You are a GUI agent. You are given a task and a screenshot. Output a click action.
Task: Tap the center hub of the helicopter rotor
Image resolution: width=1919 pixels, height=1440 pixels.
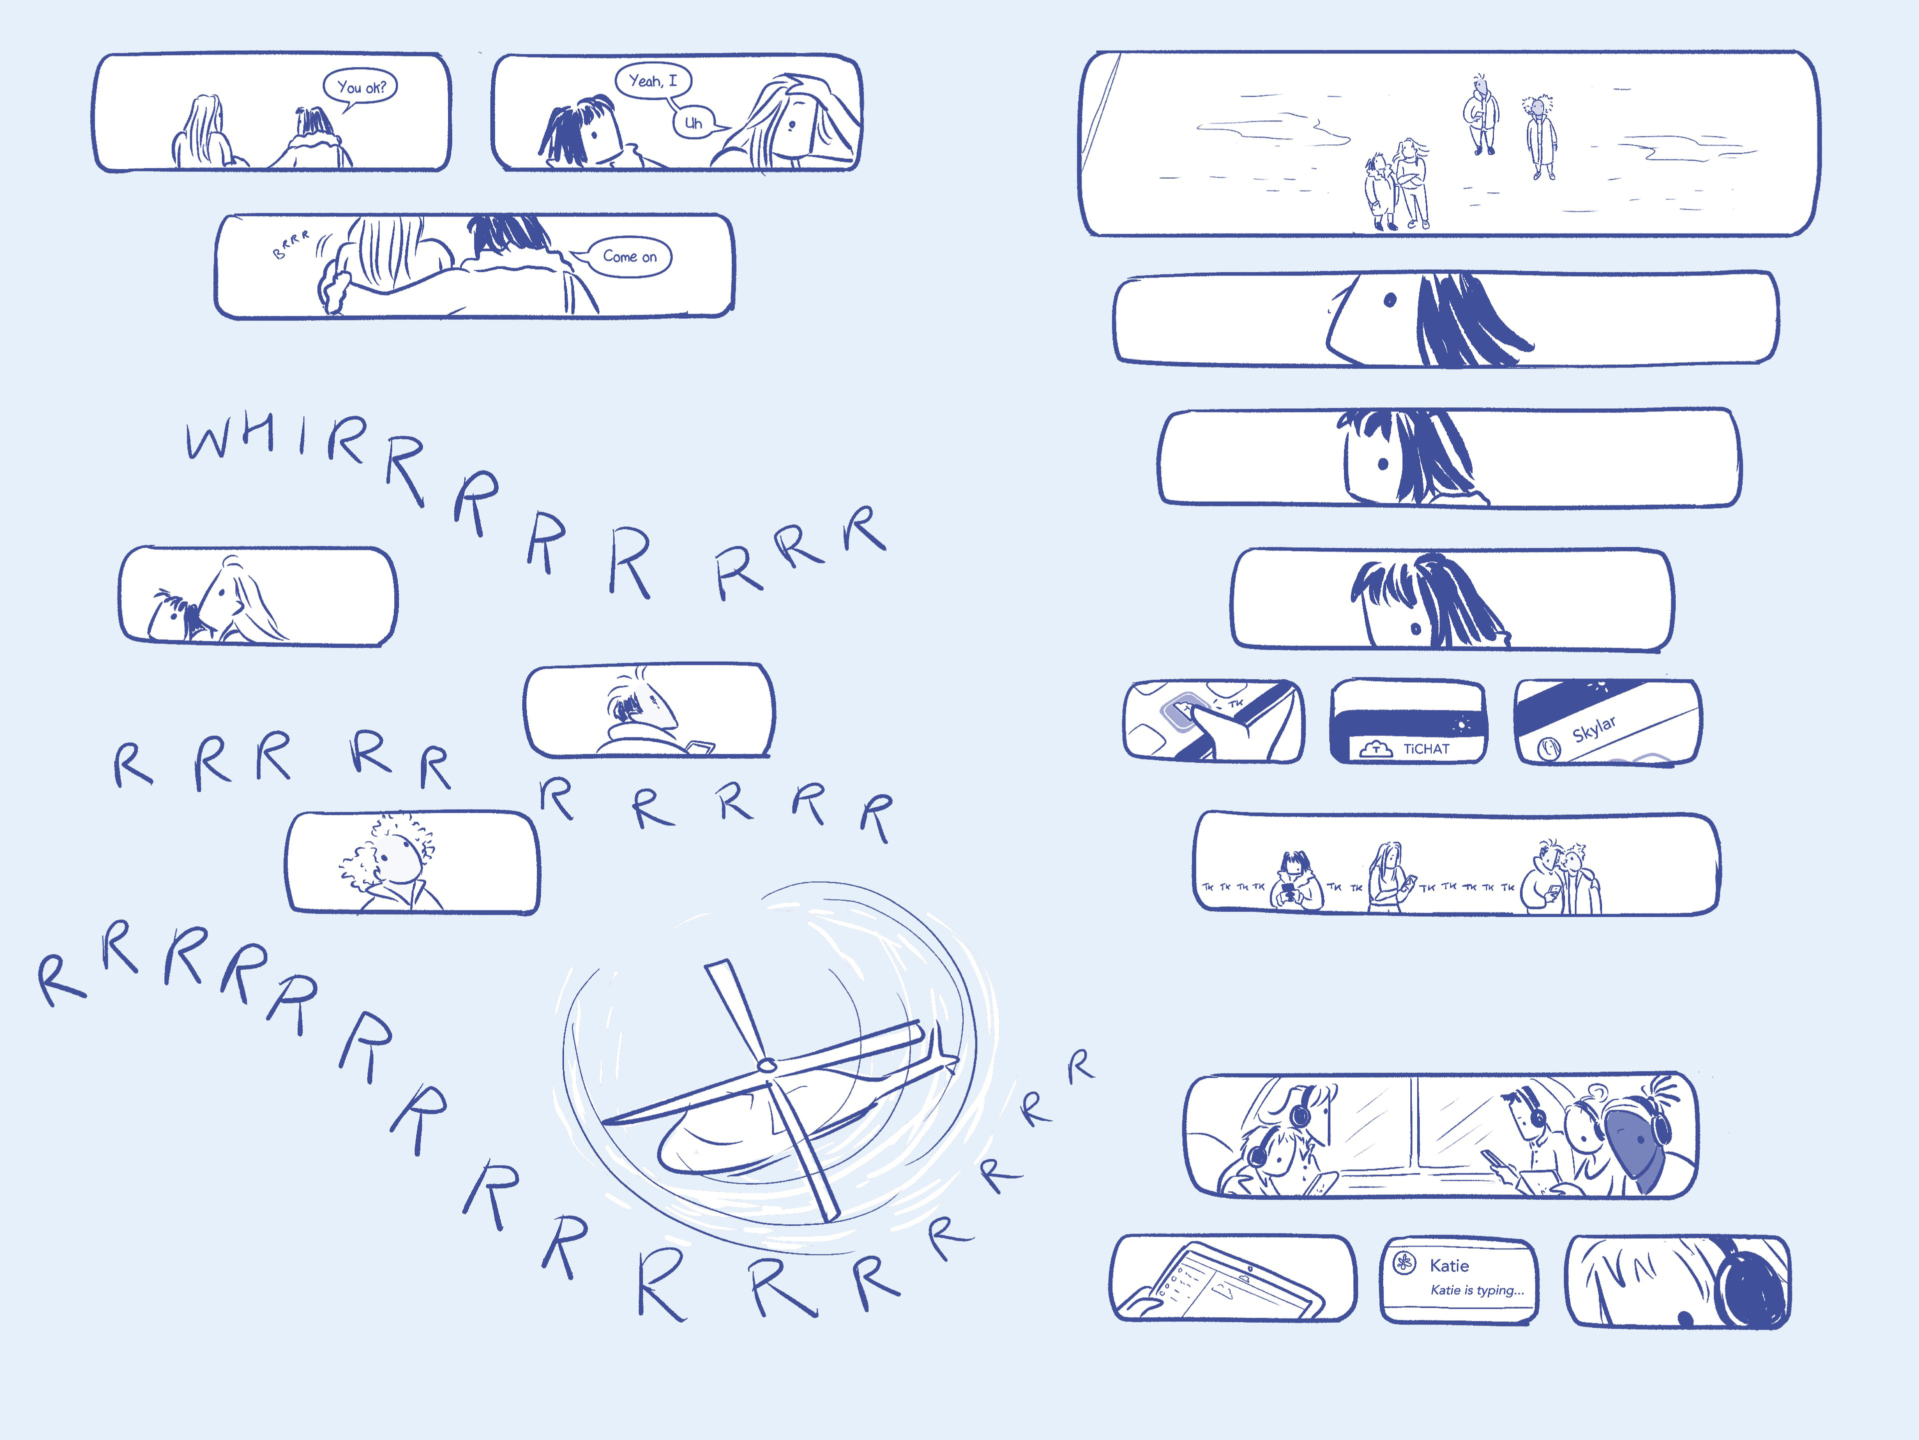click(x=765, y=1065)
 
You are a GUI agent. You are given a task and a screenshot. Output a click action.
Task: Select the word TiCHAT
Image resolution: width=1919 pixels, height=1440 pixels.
click(x=1426, y=748)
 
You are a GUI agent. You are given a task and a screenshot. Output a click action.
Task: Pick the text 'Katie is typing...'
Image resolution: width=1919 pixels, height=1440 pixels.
click(x=1477, y=1290)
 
